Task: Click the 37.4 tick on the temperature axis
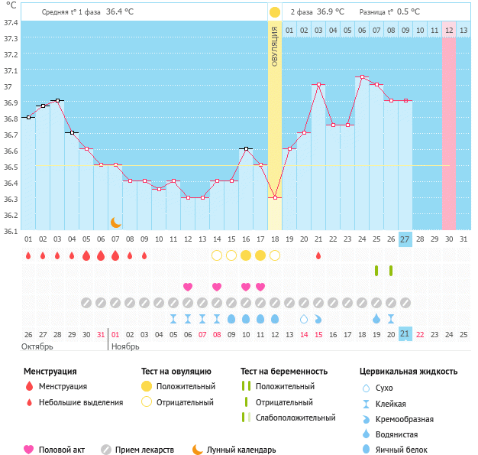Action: (11, 22)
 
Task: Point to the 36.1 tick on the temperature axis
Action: (11, 231)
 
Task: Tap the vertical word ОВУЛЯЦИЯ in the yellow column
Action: (275, 47)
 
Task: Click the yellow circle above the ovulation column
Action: (275, 12)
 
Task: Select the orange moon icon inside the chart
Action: (116, 222)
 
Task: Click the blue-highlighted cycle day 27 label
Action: (405, 239)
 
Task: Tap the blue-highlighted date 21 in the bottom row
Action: (405, 334)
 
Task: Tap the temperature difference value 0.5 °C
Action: (408, 12)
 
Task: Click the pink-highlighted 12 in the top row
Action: (449, 30)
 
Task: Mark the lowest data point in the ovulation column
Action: (275, 197)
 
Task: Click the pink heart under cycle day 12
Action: (188, 287)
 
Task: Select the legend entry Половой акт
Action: (61, 450)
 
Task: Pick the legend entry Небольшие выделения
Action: (80, 402)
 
